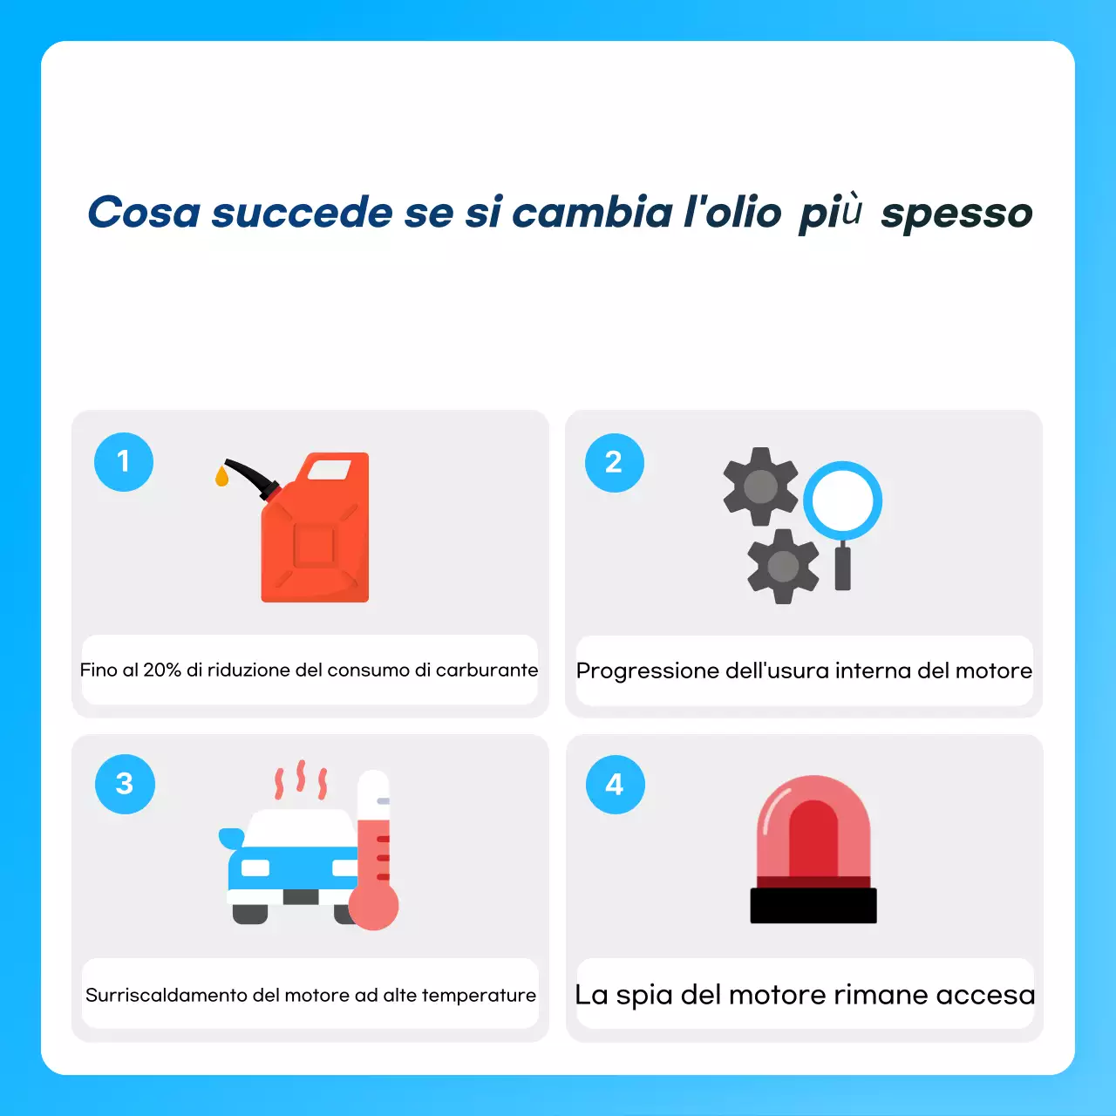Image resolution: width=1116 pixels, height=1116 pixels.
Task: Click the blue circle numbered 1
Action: point(124,461)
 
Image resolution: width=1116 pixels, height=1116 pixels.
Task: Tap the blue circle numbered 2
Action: point(614,462)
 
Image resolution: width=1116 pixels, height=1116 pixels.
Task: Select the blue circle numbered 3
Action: point(125,784)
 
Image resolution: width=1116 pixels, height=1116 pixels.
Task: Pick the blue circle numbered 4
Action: point(615,785)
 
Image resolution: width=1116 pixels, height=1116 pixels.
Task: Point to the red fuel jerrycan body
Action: point(316,545)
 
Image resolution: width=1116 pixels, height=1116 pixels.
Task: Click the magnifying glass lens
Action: point(842,500)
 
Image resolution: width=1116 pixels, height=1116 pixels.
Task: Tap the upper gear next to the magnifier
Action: point(760,487)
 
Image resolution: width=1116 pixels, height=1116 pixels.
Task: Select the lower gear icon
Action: point(783,567)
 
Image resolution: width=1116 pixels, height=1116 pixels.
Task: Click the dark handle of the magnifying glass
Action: point(842,568)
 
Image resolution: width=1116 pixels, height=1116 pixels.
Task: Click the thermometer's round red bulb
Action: point(374,906)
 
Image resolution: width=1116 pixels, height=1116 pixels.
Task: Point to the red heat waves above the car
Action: point(301,779)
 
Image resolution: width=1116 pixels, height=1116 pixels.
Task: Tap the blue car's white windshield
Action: point(302,827)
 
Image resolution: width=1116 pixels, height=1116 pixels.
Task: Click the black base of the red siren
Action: point(813,906)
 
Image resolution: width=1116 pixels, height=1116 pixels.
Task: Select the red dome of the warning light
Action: point(813,828)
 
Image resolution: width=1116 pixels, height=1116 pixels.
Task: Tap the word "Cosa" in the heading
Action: point(144,213)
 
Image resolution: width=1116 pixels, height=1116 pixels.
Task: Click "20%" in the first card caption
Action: point(162,670)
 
